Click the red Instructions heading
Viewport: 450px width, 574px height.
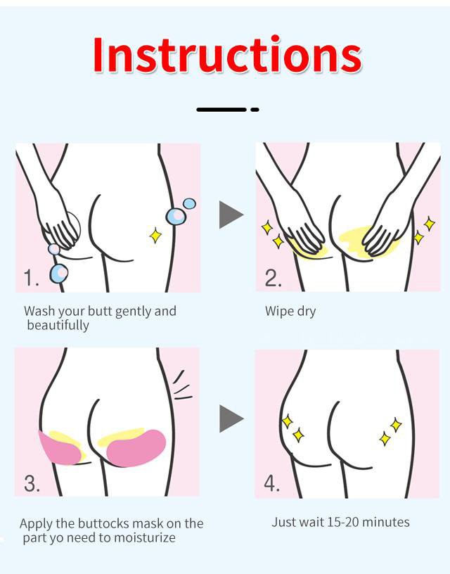tap(227, 55)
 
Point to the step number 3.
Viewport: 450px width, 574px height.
tap(32, 483)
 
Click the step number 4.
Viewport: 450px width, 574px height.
tap(272, 483)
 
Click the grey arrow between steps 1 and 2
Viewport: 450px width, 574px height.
tap(231, 215)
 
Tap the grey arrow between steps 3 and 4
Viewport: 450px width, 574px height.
tap(231, 419)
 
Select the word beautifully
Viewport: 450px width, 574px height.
tap(58, 326)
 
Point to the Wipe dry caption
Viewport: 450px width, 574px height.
tap(290, 311)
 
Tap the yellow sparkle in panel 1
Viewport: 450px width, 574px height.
tap(155, 235)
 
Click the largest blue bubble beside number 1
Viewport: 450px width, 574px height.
tap(58, 274)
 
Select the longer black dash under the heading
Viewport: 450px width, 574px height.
tap(221, 110)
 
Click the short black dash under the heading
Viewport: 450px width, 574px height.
tap(255, 110)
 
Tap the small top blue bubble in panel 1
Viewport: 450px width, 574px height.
tap(190, 203)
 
